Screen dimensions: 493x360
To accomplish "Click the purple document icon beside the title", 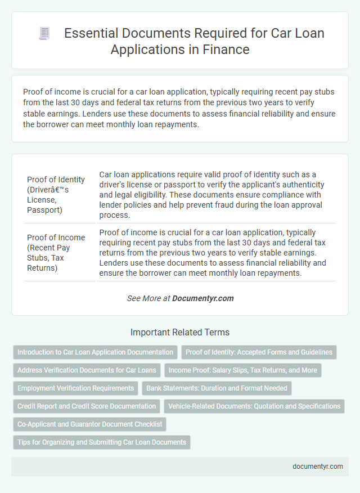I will click(44, 34).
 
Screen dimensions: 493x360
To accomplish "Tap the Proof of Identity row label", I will click(56, 195).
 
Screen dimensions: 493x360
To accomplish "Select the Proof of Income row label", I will click(56, 253).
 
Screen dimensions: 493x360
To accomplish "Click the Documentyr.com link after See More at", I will click(203, 298).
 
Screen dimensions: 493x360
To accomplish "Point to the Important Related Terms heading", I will click(179, 332).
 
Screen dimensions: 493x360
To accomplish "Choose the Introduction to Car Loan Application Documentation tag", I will click(95, 352).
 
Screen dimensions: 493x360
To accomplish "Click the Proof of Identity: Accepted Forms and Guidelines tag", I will click(259, 352).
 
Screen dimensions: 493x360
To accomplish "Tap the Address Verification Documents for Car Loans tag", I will click(87, 370).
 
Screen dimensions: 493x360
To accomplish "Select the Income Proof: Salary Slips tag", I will click(242, 370).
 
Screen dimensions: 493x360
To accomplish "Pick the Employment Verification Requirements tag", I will click(75, 388).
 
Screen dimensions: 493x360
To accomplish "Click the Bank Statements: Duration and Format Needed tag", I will click(217, 388).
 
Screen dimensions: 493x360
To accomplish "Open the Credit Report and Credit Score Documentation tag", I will click(87, 406).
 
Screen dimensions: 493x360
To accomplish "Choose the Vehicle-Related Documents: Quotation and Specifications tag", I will click(254, 406).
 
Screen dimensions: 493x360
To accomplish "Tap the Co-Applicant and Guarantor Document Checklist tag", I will click(89, 424).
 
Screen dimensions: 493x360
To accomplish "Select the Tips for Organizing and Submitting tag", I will click(102, 442).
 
